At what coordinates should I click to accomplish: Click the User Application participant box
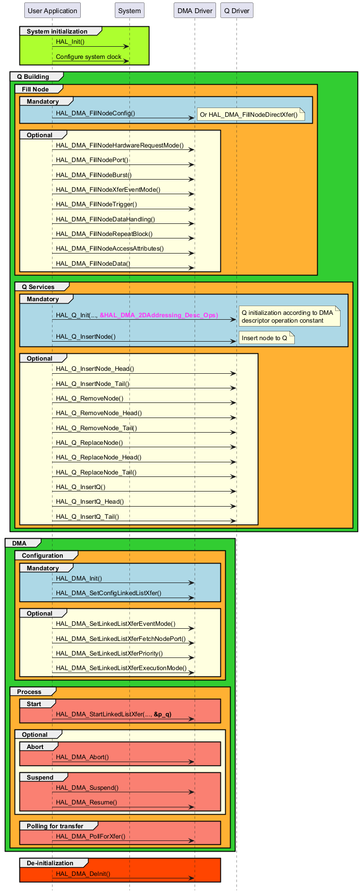[x=53, y=11]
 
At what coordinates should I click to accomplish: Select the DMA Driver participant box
[x=195, y=11]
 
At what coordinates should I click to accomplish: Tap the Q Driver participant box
[x=236, y=11]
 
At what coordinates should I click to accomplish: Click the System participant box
[x=129, y=11]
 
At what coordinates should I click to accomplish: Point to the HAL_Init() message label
[x=70, y=42]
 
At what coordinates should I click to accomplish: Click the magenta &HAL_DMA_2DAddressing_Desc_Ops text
[x=159, y=315]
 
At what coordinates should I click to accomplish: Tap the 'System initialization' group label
[x=57, y=32]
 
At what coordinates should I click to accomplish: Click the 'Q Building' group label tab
[x=33, y=77]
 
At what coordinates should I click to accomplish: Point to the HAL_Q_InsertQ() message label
[x=80, y=487]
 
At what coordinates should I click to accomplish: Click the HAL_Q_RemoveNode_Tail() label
[x=96, y=428]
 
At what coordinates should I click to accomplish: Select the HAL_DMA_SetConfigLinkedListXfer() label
[x=108, y=593]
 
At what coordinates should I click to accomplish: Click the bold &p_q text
[x=162, y=714]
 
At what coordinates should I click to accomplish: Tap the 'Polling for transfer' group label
[x=55, y=826]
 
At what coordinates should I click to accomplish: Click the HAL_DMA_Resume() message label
[x=87, y=802]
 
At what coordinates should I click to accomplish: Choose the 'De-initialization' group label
[x=50, y=863]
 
